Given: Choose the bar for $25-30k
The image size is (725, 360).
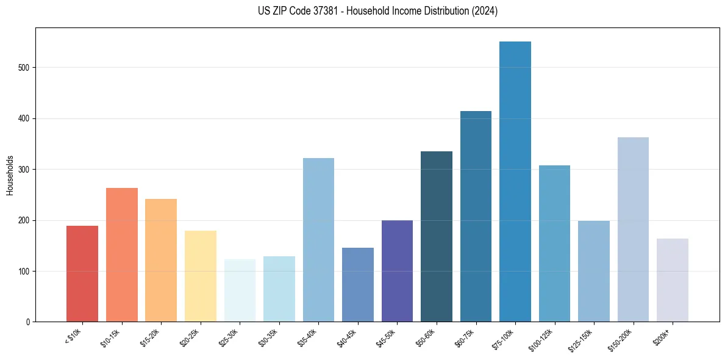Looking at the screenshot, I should tap(240, 290).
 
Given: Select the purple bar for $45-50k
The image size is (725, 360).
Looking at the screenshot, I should tap(397, 271).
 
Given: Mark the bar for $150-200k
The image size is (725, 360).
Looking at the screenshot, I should tap(633, 229).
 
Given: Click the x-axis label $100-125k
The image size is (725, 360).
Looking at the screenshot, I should tap(544, 338).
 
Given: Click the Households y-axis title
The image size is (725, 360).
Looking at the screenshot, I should tap(10, 175).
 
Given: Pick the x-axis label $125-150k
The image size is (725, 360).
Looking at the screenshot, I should tap(583, 338).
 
